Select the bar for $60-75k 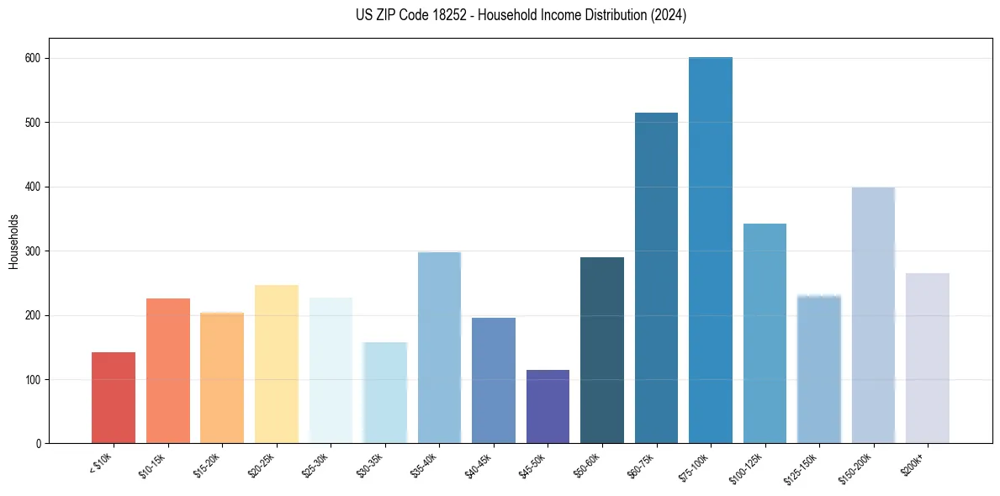pos(656,277)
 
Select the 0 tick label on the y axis pos(39,444)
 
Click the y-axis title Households pos(13,241)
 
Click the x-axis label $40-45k pos(479,464)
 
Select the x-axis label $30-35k pos(370,464)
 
